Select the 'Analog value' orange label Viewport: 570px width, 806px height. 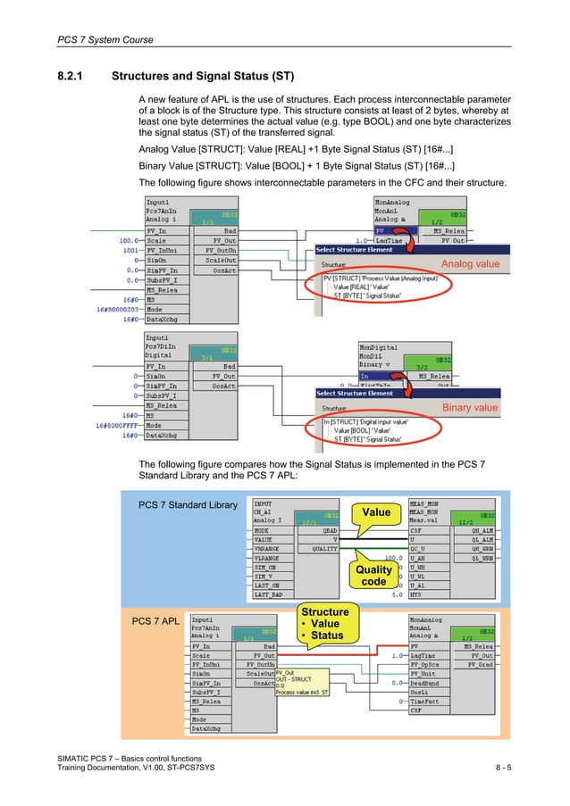point(470,264)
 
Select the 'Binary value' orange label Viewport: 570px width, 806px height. point(470,408)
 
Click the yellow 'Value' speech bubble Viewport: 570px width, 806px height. point(376,511)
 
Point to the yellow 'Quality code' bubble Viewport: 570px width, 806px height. point(373,575)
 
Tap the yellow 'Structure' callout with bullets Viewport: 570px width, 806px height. point(324,624)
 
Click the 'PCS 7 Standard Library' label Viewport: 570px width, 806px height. point(188,506)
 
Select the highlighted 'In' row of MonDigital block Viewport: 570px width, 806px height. point(375,377)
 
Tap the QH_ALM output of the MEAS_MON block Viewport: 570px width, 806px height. point(476,528)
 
